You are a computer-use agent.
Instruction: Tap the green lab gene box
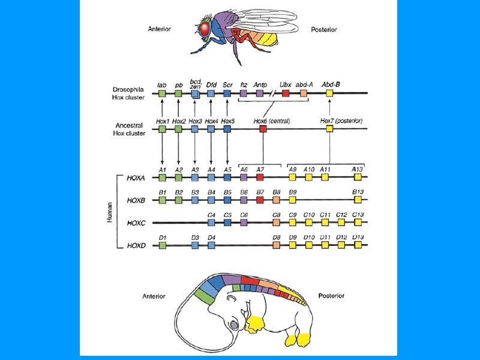[163, 93]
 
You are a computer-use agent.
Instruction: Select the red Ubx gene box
[286, 93]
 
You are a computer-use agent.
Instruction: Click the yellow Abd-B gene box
[330, 93]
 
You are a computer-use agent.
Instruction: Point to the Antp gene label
[260, 85]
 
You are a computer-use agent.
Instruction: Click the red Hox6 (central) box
[263, 129]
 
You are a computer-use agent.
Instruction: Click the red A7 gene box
[260, 178]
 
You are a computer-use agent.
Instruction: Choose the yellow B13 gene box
[358, 200]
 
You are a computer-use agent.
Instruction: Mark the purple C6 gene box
[244, 223]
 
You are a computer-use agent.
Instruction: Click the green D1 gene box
[163, 245]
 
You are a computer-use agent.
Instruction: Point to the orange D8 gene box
[276, 245]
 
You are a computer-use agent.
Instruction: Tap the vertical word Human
[110, 211]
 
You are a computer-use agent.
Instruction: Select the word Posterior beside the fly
[323, 29]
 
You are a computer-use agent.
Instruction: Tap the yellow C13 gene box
[358, 223]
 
